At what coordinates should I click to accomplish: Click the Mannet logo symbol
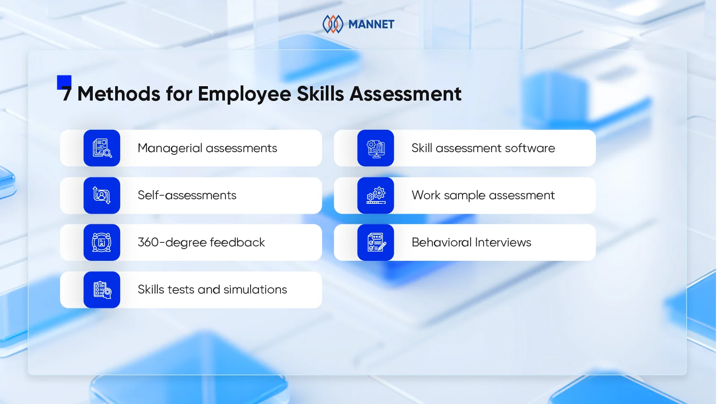tap(333, 24)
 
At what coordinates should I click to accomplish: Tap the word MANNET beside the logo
tap(371, 24)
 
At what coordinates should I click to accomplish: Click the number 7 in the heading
tap(66, 94)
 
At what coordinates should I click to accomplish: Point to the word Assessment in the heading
tap(406, 94)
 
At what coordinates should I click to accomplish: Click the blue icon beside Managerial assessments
tap(102, 148)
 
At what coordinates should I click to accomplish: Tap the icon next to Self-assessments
tap(102, 195)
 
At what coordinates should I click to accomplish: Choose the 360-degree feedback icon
tap(102, 242)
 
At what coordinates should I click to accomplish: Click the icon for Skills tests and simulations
tap(102, 290)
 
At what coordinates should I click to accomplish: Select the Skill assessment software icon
tap(376, 148)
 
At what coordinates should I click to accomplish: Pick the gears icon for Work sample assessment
tap(376, 195)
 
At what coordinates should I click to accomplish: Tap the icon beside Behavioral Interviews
tap(376, 242)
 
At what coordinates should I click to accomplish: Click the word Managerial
tap(170, 149)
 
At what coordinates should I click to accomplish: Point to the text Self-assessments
tap(187, 195)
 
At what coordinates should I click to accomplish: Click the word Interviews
tap(503, 242)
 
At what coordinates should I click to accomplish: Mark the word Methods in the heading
tap(119, 94)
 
